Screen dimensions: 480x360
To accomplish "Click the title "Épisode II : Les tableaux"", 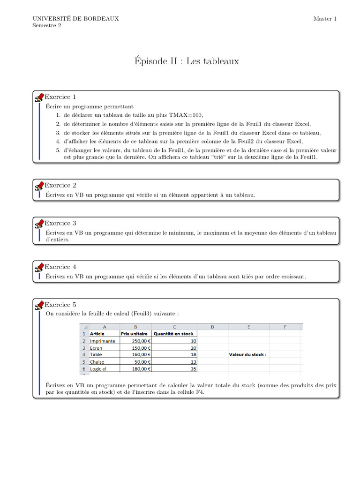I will pos(187,61).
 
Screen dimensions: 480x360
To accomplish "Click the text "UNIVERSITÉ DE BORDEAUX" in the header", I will pos(75,19).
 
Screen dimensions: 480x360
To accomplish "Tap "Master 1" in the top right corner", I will pos(325,19).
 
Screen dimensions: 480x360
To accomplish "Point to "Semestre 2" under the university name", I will pos(46,26).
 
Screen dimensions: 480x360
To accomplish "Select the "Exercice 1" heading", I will pos(60,97).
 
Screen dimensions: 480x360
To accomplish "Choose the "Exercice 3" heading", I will pos(60,223).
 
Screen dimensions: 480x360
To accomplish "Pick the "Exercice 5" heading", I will pos(60,305).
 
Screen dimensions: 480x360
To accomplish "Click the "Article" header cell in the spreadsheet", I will pos(97,334).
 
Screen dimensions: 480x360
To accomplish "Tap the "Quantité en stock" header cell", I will pos(173,334).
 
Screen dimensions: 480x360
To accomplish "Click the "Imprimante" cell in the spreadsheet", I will pos(102,341).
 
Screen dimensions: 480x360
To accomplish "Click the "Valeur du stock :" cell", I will pos(247,355).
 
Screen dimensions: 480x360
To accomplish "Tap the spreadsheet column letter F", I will pos(285,327).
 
